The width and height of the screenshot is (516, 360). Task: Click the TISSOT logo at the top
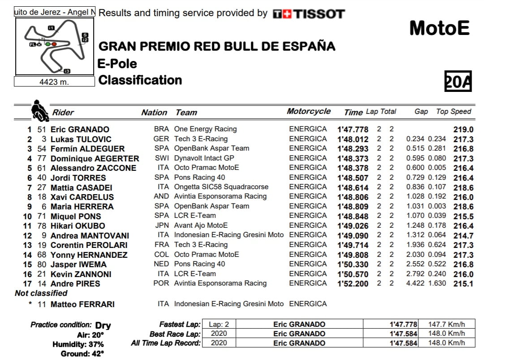pos(309,13)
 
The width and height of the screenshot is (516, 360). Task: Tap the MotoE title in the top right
pos(439,28)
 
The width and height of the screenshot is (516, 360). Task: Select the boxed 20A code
pos(458,81)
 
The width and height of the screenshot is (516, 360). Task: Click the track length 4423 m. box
pos(54,82)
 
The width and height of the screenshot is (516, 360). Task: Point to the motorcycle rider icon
pos(40,111)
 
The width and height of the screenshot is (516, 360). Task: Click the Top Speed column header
pos(454,112)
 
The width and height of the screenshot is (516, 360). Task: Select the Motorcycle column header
pos(309,112)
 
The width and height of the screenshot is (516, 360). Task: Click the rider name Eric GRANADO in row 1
pos(80,130)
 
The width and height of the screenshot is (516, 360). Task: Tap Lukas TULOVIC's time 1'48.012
pos(353,139)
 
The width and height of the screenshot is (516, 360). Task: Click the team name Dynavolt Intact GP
pos(204,158)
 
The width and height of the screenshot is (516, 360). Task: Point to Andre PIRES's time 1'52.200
pos(353,284)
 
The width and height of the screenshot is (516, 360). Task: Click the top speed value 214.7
pos(463,236)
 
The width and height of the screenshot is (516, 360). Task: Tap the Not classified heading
pos(41,293)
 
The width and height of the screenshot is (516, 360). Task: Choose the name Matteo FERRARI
pos(82,304)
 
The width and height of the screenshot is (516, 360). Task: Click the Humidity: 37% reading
pos(78,344)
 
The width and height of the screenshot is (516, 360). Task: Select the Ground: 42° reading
pos(82,354)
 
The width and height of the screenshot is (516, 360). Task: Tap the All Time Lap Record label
pos(166,343)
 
